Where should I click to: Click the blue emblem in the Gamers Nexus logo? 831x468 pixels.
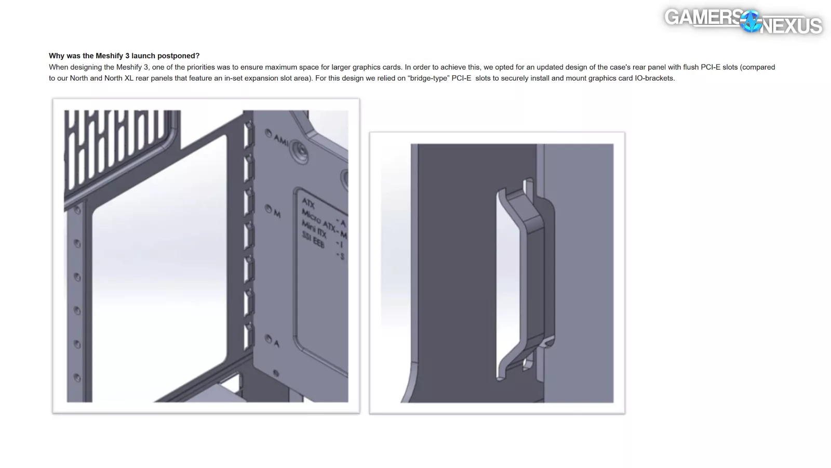click(x=751, y=21)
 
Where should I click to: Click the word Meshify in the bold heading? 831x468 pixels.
click(x=110, y=56)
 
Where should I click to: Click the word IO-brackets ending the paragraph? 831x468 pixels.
click(x=655, y=78)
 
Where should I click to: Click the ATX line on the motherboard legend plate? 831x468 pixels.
click(x=309, y=203)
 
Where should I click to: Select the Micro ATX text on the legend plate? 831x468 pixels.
click(x=318, y=219)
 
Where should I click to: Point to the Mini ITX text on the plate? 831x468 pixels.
click(x=314, y=229)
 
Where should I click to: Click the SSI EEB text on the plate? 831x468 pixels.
click(x=313, y=240)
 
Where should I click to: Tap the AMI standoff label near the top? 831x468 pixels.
click(x=281, y=140)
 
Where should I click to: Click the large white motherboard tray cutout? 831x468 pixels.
click(x=159, y=267)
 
